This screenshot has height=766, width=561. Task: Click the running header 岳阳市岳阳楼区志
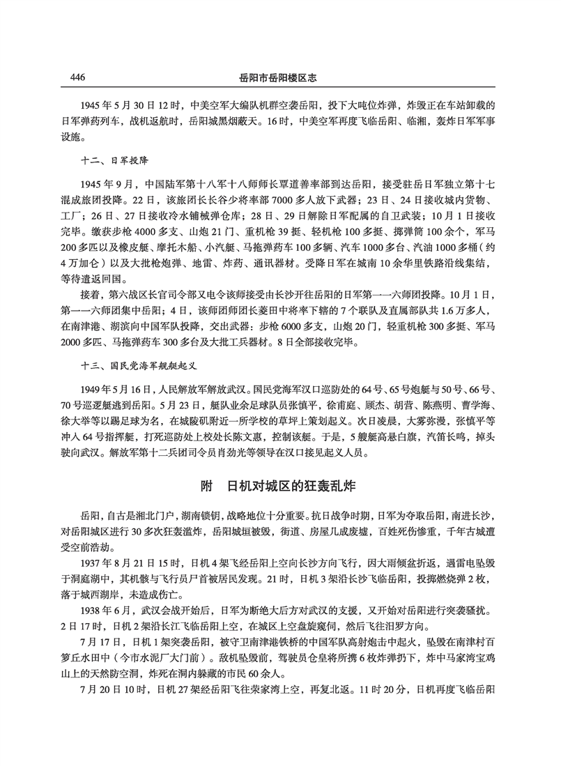tap(279, 77)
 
